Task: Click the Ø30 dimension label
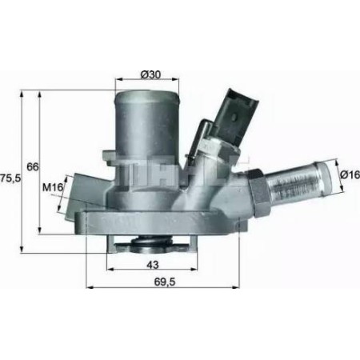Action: click(x=151, y=75)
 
